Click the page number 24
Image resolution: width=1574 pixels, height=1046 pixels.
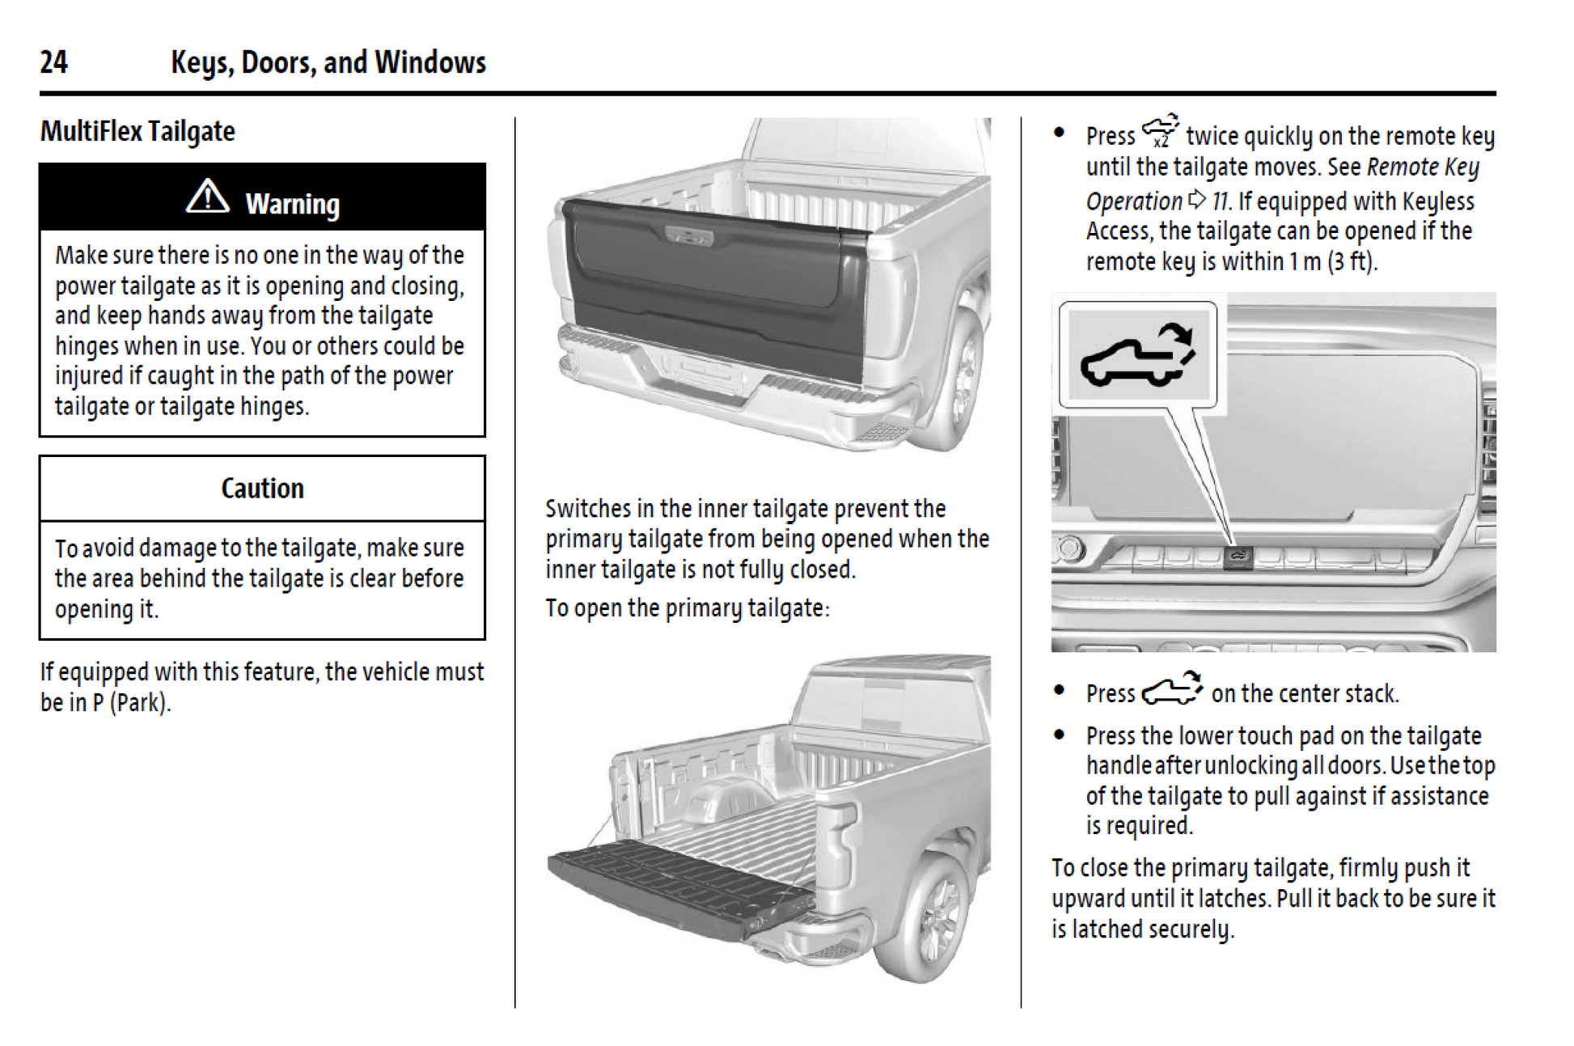pyautogui.click(x=53, y=62)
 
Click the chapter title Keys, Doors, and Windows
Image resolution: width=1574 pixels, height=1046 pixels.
pyautogui.click(x=328, y=62)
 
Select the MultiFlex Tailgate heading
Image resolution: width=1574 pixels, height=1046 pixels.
pyautogui.click(x=138, y=131)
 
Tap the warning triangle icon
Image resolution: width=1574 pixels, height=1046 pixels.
pyautogui.click(x=208, y=197)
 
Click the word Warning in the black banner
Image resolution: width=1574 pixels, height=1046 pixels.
pyautogui.click(x=292, y=204)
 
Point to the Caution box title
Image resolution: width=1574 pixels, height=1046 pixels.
pyautogui.click(x=262, y=489)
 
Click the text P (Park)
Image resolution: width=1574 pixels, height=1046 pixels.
pyautogui.click(x=130, y=702)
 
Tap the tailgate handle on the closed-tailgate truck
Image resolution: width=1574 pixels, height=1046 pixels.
pyautogui.click(x=688, y=236)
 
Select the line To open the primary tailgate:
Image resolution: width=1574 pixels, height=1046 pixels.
pyautogui.click(x=687, y=608)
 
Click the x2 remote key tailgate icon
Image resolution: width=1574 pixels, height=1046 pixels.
pyautogui.click(x=1160, y=132)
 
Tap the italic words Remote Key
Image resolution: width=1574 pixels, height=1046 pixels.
pyautogui.click(x=1423, y=167)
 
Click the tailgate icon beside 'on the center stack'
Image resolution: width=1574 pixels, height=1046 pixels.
pyautogui.click(x=1171, y=690)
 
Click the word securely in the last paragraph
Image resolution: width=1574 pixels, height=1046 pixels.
pyautogui.click(x=1191, y=930)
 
